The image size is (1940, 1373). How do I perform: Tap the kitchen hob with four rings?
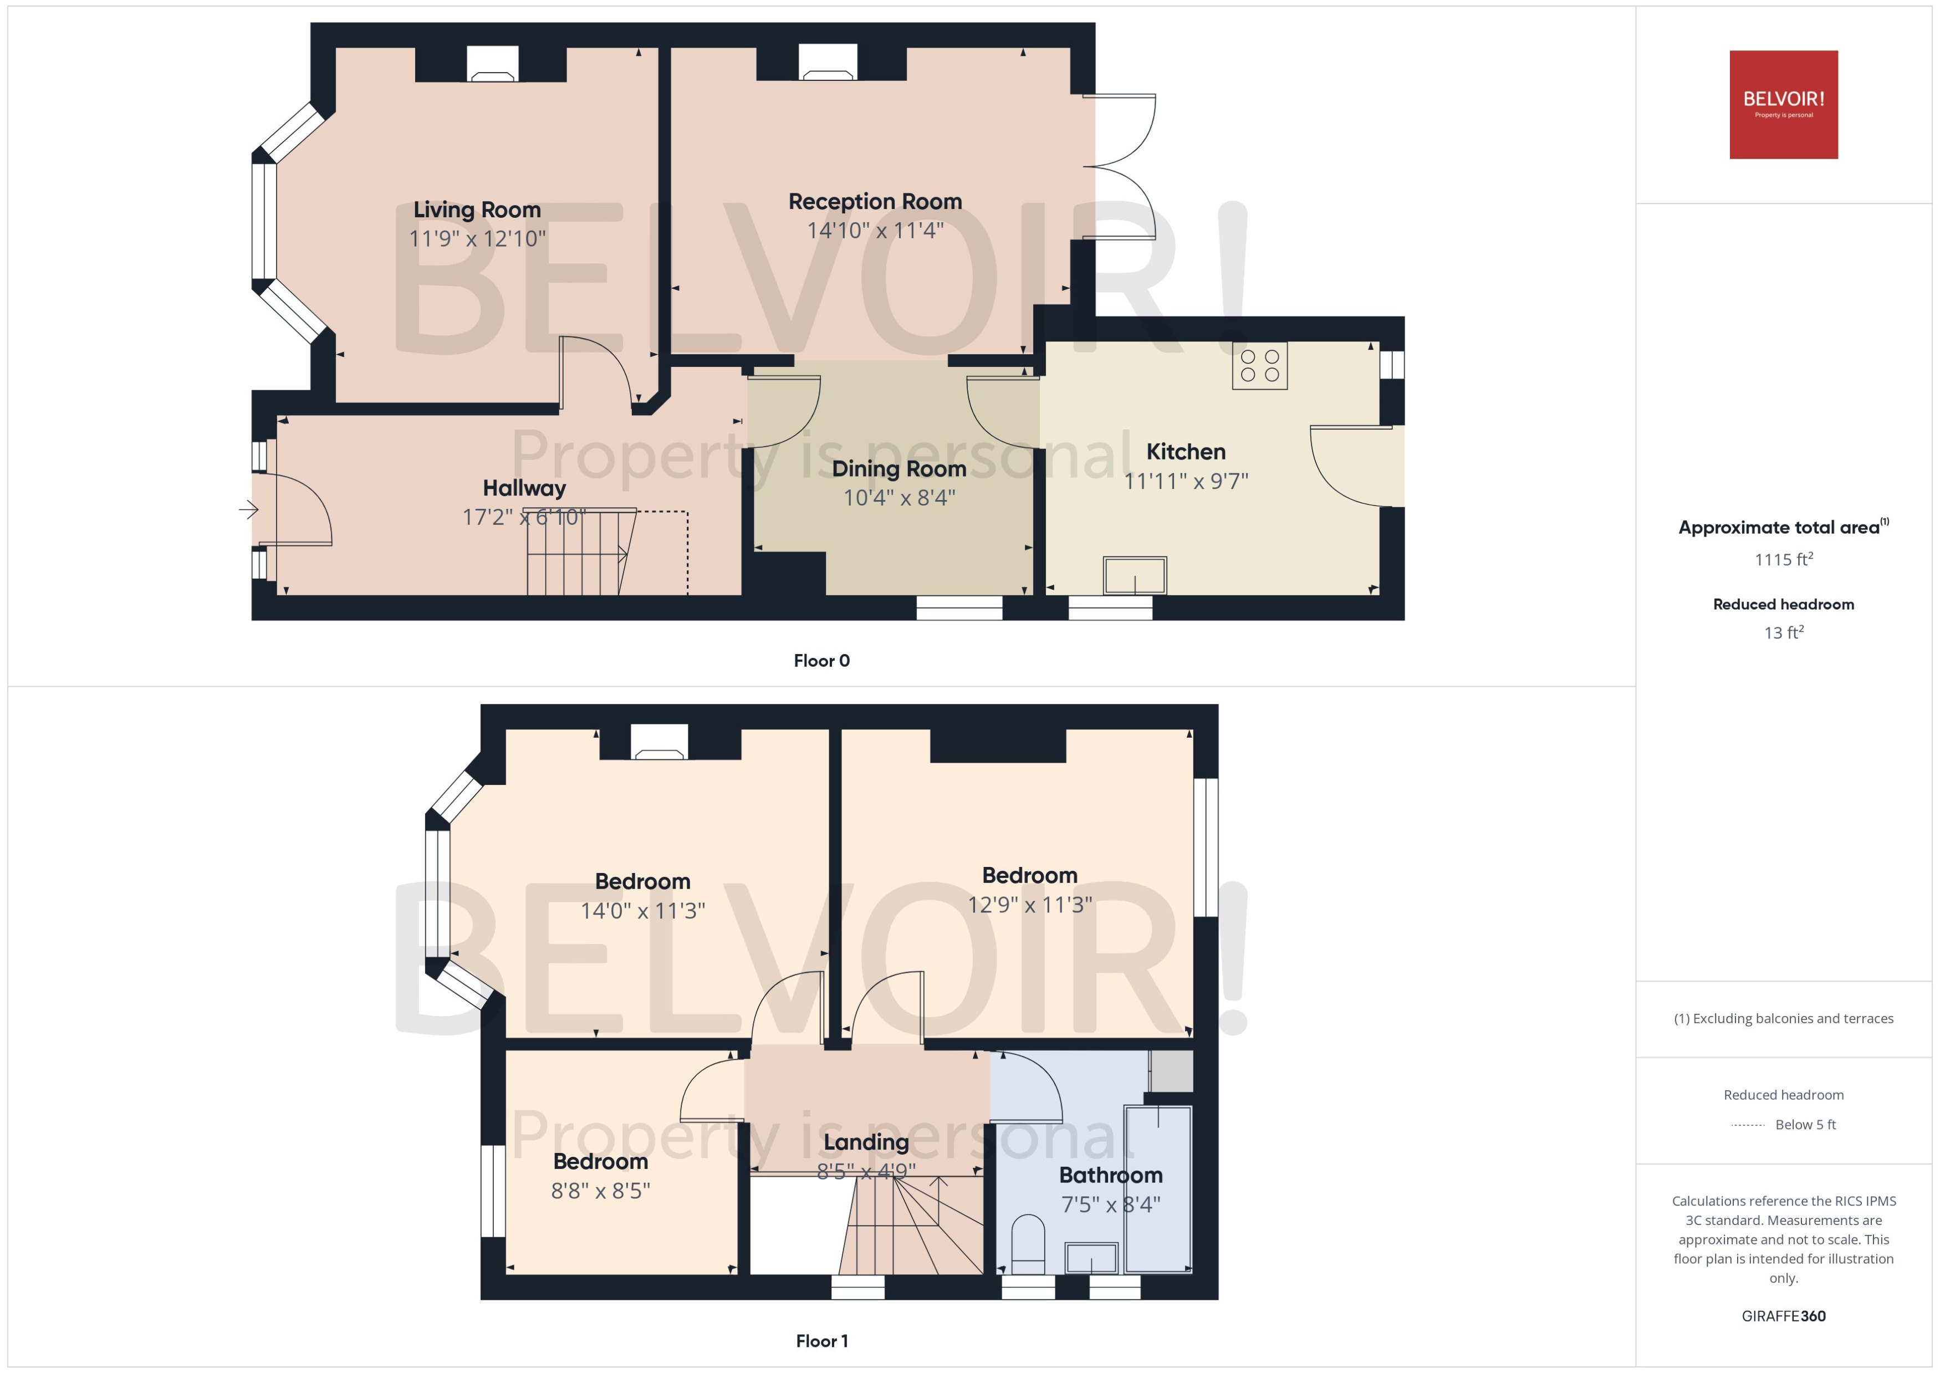tap(1259, 366)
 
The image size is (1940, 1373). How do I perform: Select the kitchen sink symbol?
tap(1135, 576)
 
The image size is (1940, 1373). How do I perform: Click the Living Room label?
tap(477, 210)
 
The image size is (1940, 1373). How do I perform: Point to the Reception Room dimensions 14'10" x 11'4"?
tap(875, 230)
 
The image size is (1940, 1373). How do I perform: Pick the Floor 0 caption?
tap(821, 661)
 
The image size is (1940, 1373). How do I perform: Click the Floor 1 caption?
tap(821, 1341)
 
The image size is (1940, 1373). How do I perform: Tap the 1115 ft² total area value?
tap(1783, 560)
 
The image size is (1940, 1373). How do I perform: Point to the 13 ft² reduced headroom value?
tap(1783, 632)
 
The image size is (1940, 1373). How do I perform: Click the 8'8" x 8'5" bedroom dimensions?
tap(600, 1191)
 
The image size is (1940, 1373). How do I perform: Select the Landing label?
tap(866, 1142)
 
